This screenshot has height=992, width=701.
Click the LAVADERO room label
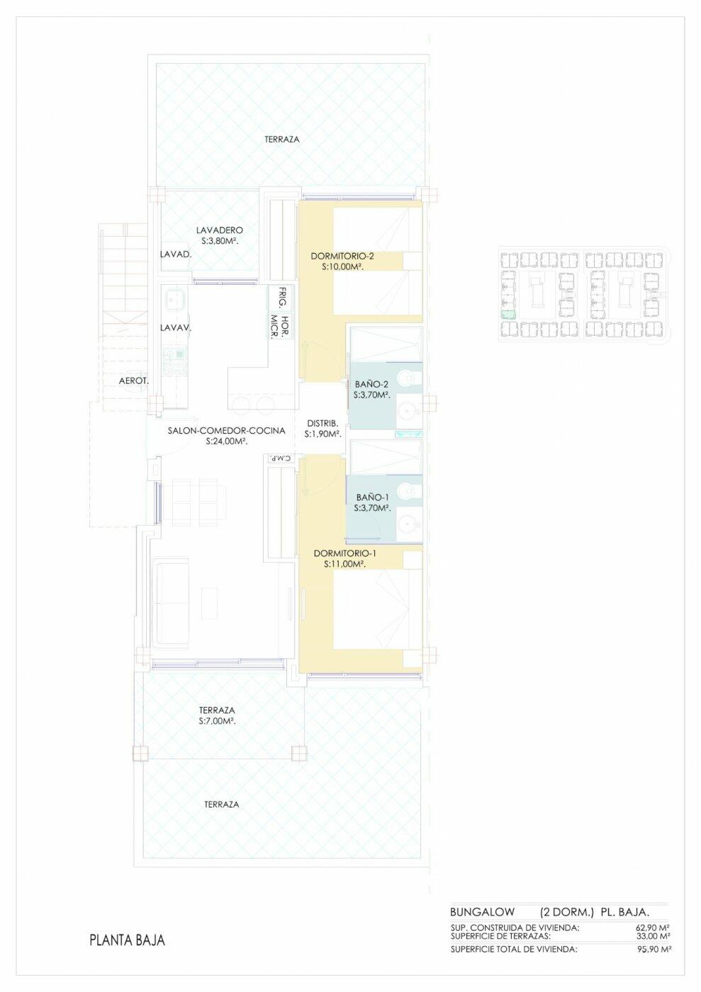[220, 230]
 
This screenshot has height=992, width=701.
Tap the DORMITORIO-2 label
[342, 257]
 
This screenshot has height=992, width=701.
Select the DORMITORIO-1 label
[345, 553]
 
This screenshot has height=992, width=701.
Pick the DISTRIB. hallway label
[322, 423]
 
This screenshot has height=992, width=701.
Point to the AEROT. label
[134, 381]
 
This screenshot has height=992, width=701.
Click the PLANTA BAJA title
[127, 940]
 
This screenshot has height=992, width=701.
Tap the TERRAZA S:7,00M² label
[217, 716]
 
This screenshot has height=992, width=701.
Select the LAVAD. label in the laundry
[176, 254]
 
